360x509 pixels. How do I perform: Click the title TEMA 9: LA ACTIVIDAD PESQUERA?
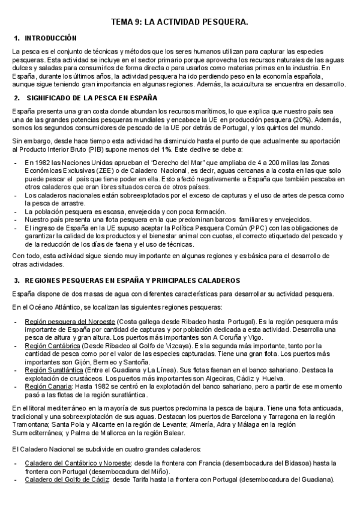[179, 22]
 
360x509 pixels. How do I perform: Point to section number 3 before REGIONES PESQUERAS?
[16, 280]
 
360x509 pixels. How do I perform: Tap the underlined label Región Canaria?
[48, 387]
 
